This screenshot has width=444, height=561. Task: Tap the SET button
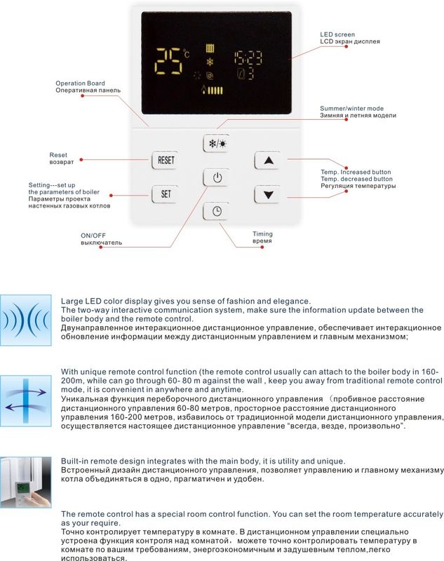[166, 193]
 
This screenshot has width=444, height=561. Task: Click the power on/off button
[217, 177]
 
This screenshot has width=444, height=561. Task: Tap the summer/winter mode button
[217, 144]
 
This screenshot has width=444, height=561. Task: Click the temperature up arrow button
[267, 160]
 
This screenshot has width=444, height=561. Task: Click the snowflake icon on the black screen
[209, 62]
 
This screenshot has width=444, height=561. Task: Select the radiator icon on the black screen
[209, 49]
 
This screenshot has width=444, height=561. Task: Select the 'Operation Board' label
[80, 83]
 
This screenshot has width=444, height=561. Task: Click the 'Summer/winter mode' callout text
[351, 109]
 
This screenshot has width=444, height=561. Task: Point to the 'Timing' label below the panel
[262, 234]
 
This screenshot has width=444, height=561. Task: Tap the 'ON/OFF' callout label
[92, 236]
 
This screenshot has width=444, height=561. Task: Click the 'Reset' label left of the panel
[58, 154]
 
